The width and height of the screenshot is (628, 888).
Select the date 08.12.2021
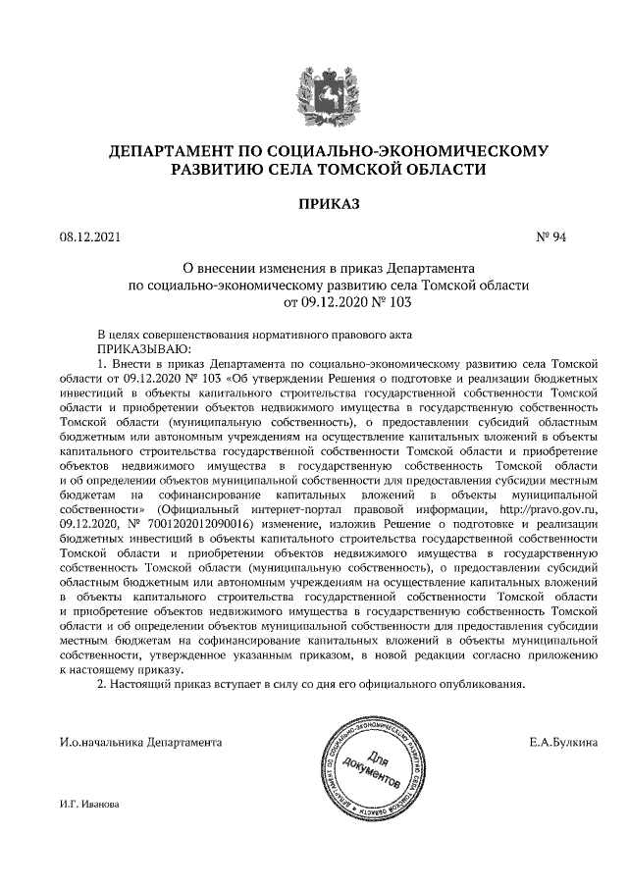point(88,236)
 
